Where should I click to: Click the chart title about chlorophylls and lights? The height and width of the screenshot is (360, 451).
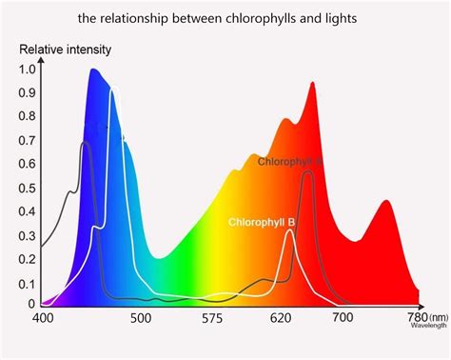click(225, 17)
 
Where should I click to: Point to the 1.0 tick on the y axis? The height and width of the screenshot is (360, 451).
click(27, 70)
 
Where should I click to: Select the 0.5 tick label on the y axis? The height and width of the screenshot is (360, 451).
click(27, 187)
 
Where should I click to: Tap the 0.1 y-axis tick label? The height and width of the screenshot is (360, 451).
click(27, 284)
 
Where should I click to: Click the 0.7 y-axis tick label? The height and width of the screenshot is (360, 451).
click(27, 140)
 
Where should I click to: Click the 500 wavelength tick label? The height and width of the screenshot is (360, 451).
click(140, 320)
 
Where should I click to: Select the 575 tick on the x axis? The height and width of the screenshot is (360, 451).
click(213, 320)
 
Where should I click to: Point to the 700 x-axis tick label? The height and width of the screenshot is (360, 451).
click(340, 320)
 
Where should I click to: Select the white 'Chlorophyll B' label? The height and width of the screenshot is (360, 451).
click(262, 222)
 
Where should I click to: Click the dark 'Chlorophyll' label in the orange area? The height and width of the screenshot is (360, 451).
click(288, 162)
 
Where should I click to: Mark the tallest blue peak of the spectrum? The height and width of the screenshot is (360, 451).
click(93, 70)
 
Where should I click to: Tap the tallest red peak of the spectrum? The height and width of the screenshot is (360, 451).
click(311, 84)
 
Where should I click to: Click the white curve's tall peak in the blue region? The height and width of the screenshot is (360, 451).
click(112, 90)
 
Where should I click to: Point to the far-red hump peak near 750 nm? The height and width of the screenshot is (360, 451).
click(385, 201)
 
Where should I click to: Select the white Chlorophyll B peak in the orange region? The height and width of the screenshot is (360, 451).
click(289, 230)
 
